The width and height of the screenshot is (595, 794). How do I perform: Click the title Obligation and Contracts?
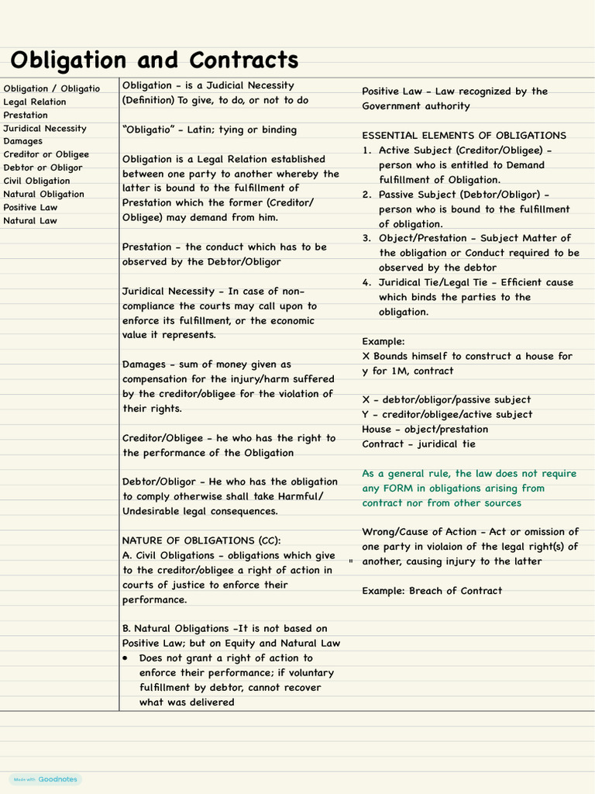(x=154, y=60)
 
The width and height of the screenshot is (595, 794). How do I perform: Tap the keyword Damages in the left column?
(x=22, y=141)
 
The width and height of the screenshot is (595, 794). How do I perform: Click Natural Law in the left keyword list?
(x=29, y=220)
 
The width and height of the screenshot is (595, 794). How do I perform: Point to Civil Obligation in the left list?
(x=36, y=181)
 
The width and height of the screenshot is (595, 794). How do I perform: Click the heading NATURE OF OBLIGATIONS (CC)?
(x=201, y=540)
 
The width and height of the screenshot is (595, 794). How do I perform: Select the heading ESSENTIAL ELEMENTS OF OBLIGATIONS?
(x=464, y=135)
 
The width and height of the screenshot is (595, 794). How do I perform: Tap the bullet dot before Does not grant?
(x=126, y=658)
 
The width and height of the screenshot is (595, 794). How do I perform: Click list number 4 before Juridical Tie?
(x=366, y=282)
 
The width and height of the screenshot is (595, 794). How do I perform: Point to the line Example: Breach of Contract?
(x=432, y=591)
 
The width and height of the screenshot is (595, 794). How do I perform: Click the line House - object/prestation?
(x=425, y=430)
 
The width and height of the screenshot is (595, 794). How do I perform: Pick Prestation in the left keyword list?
(x=26, y=115)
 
